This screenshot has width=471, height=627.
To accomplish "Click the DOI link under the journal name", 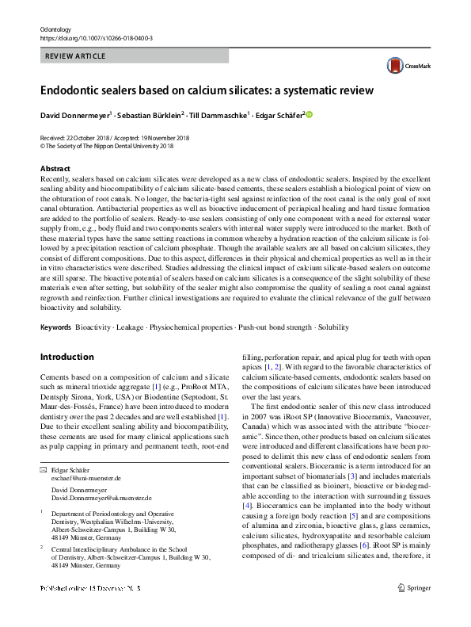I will (x=96, y=37).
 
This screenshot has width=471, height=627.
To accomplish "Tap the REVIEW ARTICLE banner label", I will (x=75, y=57).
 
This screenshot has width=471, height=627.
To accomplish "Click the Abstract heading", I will (x=55, y=169).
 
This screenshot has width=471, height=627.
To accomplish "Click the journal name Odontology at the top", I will (x=56, y=28).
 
